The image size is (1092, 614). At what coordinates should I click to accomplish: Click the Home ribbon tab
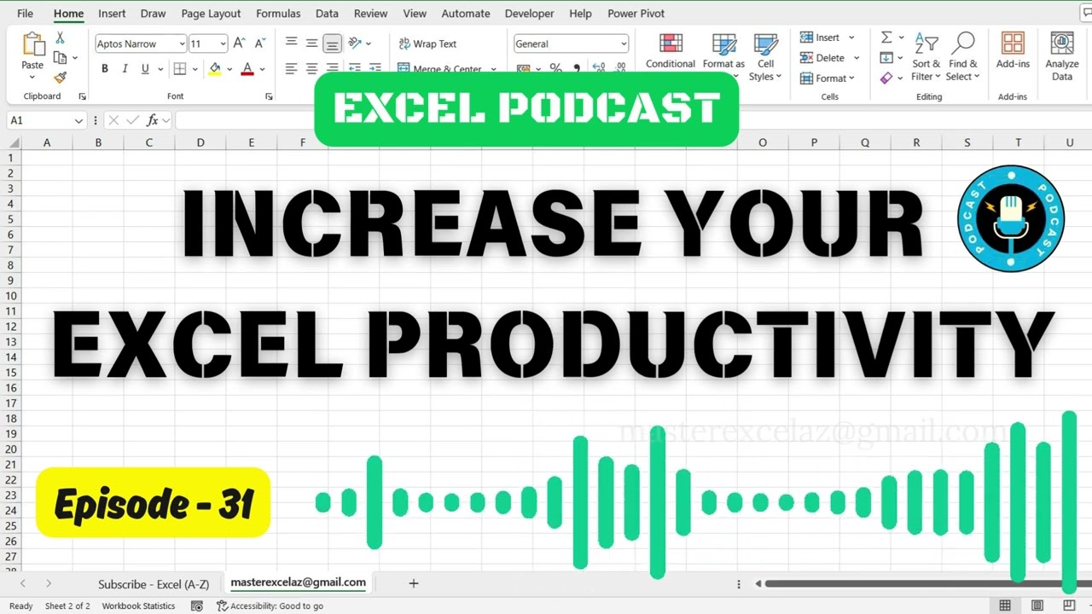pos(68,14)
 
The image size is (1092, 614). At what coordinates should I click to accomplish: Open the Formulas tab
pos(278,14)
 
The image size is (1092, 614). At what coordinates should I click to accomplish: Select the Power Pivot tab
pos(636,14)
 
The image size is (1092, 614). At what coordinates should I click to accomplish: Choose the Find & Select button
pos(963,56)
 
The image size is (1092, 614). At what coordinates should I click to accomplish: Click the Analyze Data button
pos(1062,56)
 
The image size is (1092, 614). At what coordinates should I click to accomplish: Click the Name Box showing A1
pos(43,120)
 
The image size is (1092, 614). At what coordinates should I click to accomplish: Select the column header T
pos(1018,142)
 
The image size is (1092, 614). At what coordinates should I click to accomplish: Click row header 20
pos(12,449)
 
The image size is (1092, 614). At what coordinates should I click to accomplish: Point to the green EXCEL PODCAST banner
pos(526,108)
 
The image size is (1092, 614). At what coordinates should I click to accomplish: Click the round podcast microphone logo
pos(1011,219)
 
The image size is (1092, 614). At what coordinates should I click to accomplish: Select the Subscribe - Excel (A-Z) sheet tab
pos(154,584)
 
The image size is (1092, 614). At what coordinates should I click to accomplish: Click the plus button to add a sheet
pos(414,583)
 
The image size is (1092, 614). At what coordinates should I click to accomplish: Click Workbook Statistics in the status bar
pos(138,606)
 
